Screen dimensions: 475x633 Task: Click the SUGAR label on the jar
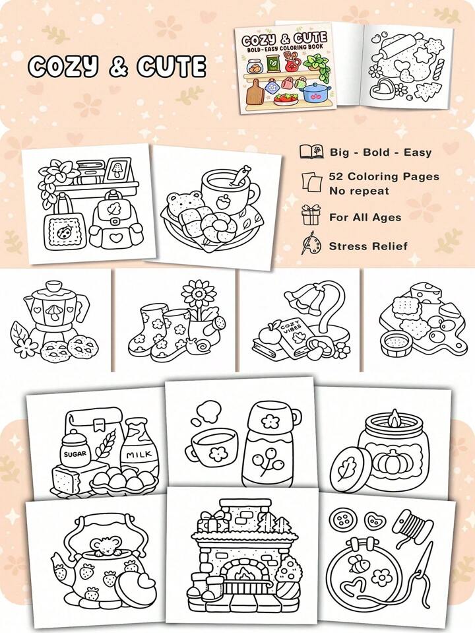[x=75, y=453]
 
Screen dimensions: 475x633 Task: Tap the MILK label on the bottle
[x=139, y=455]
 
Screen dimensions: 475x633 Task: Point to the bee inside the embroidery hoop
[x=358, y=564]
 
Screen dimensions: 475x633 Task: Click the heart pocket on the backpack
[x=116, y=238]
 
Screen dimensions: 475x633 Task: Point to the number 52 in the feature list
[x=336, y=176]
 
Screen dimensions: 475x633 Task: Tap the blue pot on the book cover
[x=317, y=92]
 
